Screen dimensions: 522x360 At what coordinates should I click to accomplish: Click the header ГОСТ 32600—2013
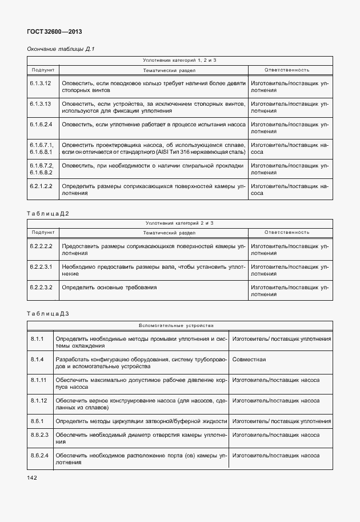pyautogui.click(x=51, y=32)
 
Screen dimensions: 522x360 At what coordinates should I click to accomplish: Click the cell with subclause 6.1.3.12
pyautogui.click(x=41, y=83)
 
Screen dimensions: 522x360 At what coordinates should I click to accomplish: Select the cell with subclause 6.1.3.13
pyautogui.click(x=41, y=103)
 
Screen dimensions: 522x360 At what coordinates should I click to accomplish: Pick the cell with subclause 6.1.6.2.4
pyautogui.click(x=41, y=124)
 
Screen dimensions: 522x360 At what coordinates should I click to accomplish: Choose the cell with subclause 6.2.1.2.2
pyautogui.click(x=41, y=186)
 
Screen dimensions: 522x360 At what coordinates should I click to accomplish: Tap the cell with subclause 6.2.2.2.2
pyautogui.click(x=41, y=246)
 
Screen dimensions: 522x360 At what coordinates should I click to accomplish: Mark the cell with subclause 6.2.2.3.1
pyautogui.click(x=41, y=266)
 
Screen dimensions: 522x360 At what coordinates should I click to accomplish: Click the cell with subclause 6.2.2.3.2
pyautogui.click(x=41, y=287)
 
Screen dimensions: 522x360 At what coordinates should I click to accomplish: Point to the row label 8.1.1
pyautogui.click(x=38, y=339)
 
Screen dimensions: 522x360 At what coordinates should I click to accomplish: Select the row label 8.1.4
pyautogui.click(x=38, y=359)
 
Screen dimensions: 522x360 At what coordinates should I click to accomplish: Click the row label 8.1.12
pyautogui.click(x=39, y=400)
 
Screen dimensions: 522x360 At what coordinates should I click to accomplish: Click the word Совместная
pyautogui.click(x=249, y=359)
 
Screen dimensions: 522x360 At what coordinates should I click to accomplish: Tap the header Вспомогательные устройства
pyautogui.click(x=176, y=325)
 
